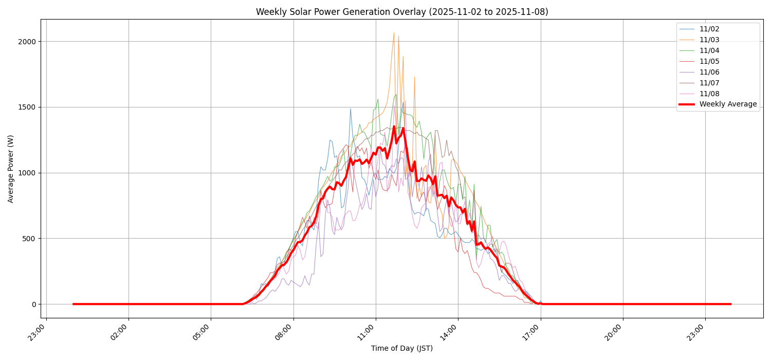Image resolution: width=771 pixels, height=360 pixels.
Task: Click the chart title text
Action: [402, 12]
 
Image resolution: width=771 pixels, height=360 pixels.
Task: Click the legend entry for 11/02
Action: [709, 29]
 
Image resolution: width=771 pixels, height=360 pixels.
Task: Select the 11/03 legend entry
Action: [709, 40]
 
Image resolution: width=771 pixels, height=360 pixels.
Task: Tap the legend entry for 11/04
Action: [709, 51]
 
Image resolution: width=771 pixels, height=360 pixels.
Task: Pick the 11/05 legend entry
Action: [709, 62]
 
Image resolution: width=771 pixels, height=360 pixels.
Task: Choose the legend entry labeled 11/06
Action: [709, 73]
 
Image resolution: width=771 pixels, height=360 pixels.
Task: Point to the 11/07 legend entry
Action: [709, 83]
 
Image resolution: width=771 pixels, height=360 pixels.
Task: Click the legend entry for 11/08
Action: [709, 94]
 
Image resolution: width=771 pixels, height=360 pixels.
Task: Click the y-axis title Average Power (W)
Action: [11, 169]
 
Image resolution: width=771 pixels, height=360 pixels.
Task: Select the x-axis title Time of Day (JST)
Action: [402, 349]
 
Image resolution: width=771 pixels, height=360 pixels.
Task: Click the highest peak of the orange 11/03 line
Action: [394, 33]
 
